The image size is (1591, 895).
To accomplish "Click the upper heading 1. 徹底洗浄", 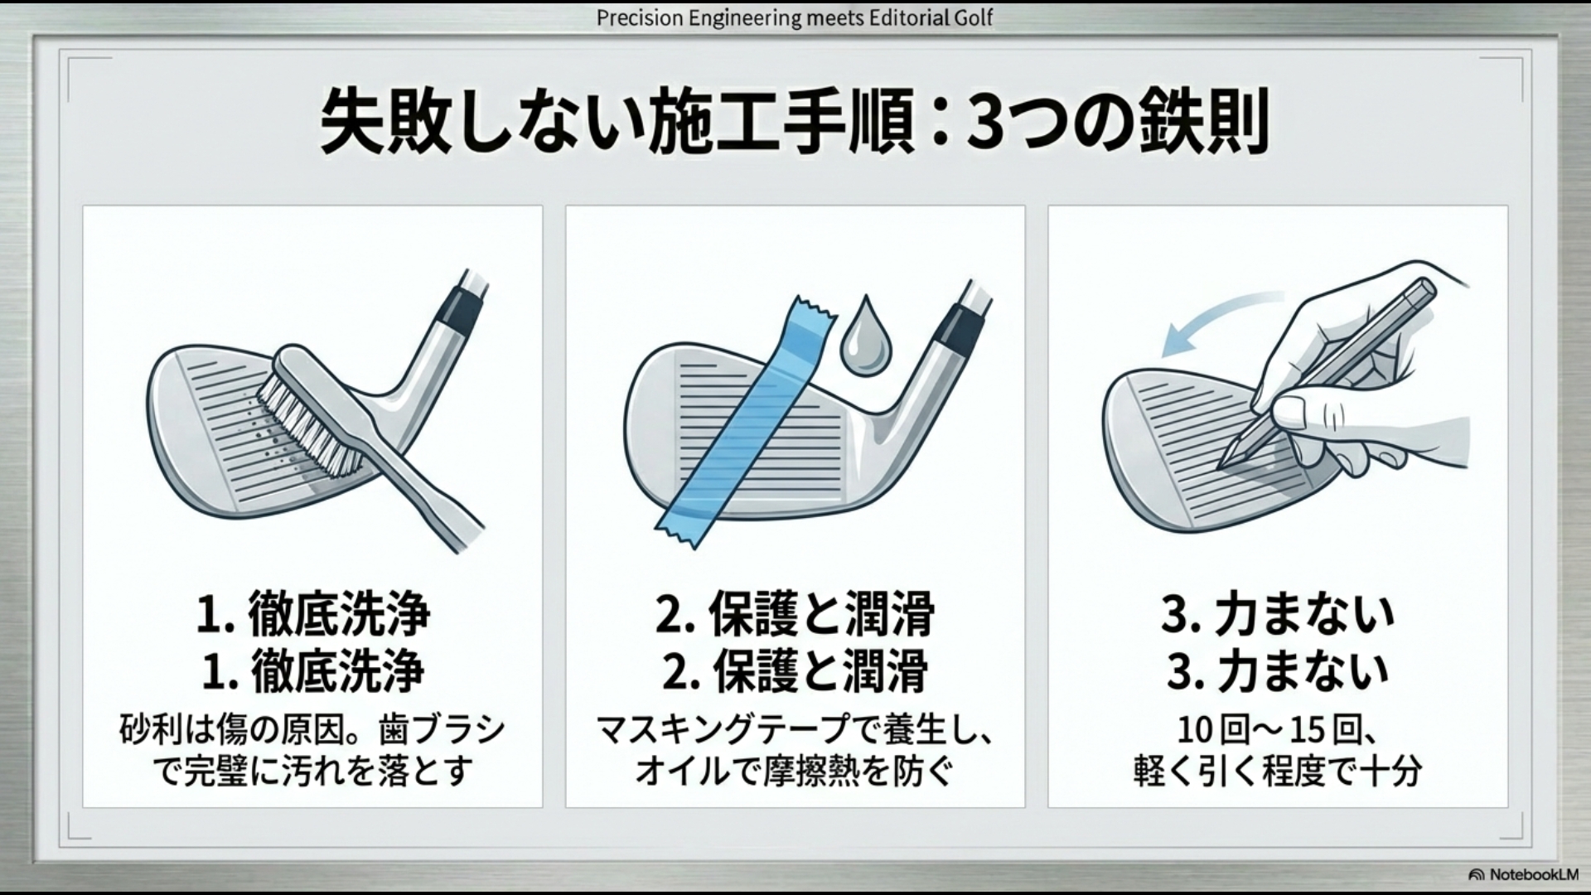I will click(313, 615).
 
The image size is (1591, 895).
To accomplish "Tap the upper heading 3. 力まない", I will click(1277, 615).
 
